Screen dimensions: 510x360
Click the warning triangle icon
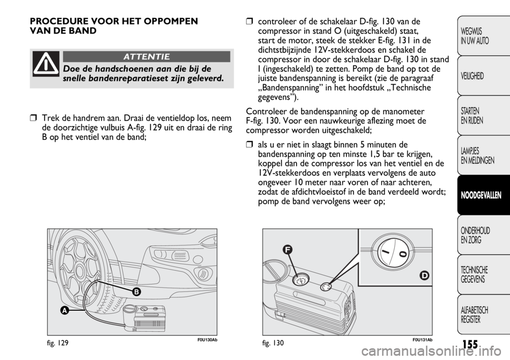(x=46, y=64)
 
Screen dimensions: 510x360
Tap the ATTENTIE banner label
(x=147, y=57)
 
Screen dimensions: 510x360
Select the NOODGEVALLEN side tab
(x=481, y=195)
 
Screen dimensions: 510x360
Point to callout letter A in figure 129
(x=65, y=311)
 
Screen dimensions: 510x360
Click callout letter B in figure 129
(x=136, y=292)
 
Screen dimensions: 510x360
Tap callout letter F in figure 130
(x=288, y=249)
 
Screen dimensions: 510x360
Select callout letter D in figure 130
(x=424, y=275)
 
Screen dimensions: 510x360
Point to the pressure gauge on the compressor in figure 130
(x=301, y=279)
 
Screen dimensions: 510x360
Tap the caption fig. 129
(x=58, y=343)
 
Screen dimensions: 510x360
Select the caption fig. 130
(x=273, y=343)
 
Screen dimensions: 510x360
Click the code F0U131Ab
(x=423, y=340)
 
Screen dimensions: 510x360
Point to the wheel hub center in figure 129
(x=79, y=270)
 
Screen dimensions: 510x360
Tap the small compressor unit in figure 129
(x=144, y=316)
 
